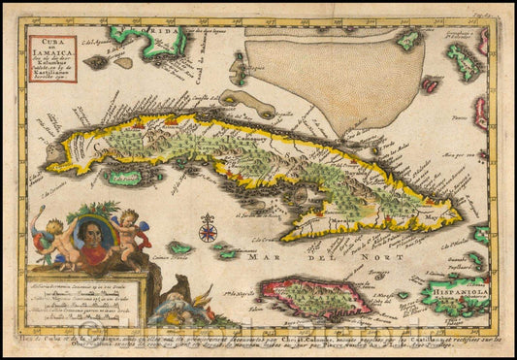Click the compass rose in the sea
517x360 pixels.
tap(208, 232)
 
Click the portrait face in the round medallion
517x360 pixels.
tap(94, 241)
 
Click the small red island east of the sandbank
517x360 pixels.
tap(431, 85)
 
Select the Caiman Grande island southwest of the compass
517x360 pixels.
tap(178, 248)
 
